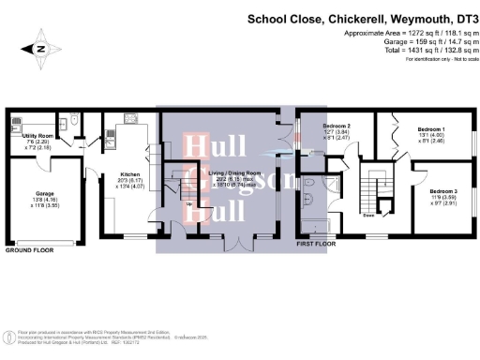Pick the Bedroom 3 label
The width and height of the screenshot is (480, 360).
pyautogui.click(x=443, y=196)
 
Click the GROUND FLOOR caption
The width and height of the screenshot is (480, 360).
pyautogui.click(x=31, y=251)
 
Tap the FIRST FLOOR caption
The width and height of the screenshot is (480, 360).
pyautogui.click(x=317, y=242)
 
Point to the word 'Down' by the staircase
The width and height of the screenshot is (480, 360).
pyautogui.click(x=369, y=215)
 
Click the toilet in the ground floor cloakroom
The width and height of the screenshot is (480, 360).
pyautogui.click(x=73, y=121)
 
